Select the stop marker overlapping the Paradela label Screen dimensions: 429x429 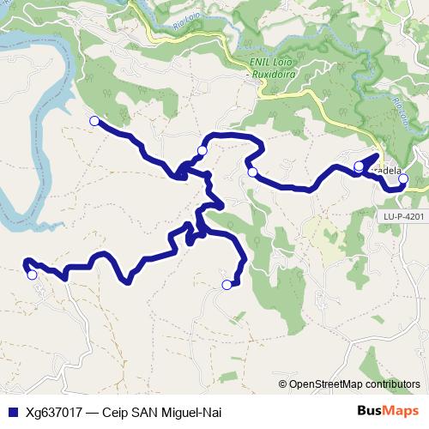pyautogui.click(x=359, y=166)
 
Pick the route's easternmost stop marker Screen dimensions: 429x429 pyautogui.click(x=402, y=180)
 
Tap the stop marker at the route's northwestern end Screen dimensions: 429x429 pyautogui.click(x=94, y=121)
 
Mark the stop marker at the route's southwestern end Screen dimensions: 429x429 pyautogui.click(x=32, y=275)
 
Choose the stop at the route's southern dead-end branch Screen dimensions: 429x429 pyautogui.click(x=227, y=285)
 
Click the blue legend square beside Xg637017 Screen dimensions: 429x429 pyautogui.click(x=9, y=412)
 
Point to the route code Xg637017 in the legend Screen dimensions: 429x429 pyautogui.click(x=53, y=412)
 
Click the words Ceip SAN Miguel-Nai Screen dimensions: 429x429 pyautogui.click(x=161, y=412)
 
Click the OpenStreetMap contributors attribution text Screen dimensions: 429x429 pyautogui.click(x=354, y=384)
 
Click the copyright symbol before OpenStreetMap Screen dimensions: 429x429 pyautogui.click(x=283, y=384)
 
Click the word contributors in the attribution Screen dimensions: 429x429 pyautogui.click(x=391, y=384)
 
